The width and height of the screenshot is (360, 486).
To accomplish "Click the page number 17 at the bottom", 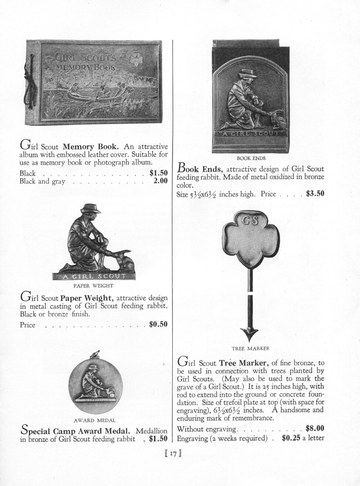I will tap(172, 453).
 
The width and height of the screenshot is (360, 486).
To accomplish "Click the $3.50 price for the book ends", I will tap(315, 194).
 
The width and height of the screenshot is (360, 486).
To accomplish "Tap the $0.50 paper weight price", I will tap(158, 324).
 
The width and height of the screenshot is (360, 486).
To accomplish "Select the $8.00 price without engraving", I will tap(315, 429).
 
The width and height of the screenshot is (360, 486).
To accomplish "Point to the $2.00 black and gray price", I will tap(160, 181).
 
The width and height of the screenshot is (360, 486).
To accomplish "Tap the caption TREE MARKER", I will tap(251, 348).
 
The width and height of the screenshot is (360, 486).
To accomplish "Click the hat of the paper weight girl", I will tap(91, 209).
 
